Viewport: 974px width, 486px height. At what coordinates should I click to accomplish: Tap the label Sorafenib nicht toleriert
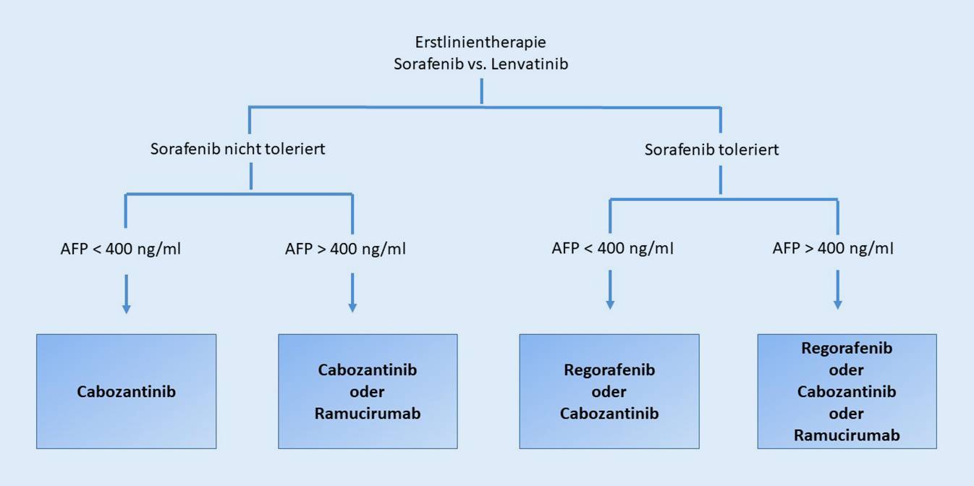(237, 150)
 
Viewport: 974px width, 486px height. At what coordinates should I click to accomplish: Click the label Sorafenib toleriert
(712, 150)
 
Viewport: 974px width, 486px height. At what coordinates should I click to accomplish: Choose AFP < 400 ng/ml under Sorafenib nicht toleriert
(121, 250)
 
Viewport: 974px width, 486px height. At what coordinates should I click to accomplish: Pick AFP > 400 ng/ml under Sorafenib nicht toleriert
(346, 250)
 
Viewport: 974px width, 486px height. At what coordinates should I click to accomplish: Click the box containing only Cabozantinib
(127, 391)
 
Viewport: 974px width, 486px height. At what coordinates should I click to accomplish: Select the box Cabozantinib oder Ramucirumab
(368, 391)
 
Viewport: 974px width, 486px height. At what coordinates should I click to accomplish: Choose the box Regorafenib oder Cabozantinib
(609, 391)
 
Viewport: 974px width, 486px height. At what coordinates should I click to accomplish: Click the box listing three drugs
(847, 391)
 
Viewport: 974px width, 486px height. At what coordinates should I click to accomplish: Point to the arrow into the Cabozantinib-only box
(127, 293)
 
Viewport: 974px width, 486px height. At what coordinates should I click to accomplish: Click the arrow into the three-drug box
(838, 289)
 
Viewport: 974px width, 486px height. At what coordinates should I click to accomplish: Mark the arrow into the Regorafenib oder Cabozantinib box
(610, 289)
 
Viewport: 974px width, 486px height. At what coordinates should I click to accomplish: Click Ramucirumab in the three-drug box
(847, 435)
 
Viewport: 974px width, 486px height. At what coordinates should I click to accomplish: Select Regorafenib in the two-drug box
(609, 370)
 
